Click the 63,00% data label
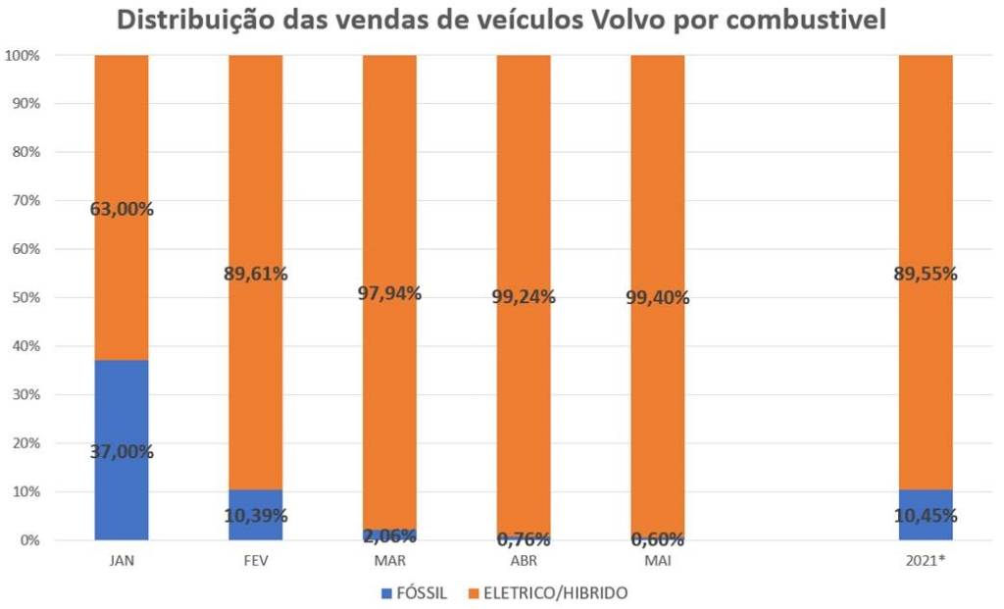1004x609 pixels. tap(122, 209)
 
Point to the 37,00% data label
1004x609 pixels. tap(122, 452)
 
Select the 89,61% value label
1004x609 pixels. tap(256, 274)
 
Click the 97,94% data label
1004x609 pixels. tap(389, 293)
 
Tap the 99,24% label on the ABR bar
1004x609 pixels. tap(523, 296)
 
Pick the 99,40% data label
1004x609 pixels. tap(657, 297)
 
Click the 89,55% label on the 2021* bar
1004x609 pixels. tap(926, 274)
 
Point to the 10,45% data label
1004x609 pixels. tap(926, 516)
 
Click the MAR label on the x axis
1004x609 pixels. tap(389, 561)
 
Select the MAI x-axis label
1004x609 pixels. tap(657, 561)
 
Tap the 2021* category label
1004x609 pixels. tap(926, 561)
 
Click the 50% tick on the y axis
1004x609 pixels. tap(26, 297)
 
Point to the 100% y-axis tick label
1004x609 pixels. tap(24, 56)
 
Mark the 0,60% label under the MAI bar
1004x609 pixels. tap(657, 538)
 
